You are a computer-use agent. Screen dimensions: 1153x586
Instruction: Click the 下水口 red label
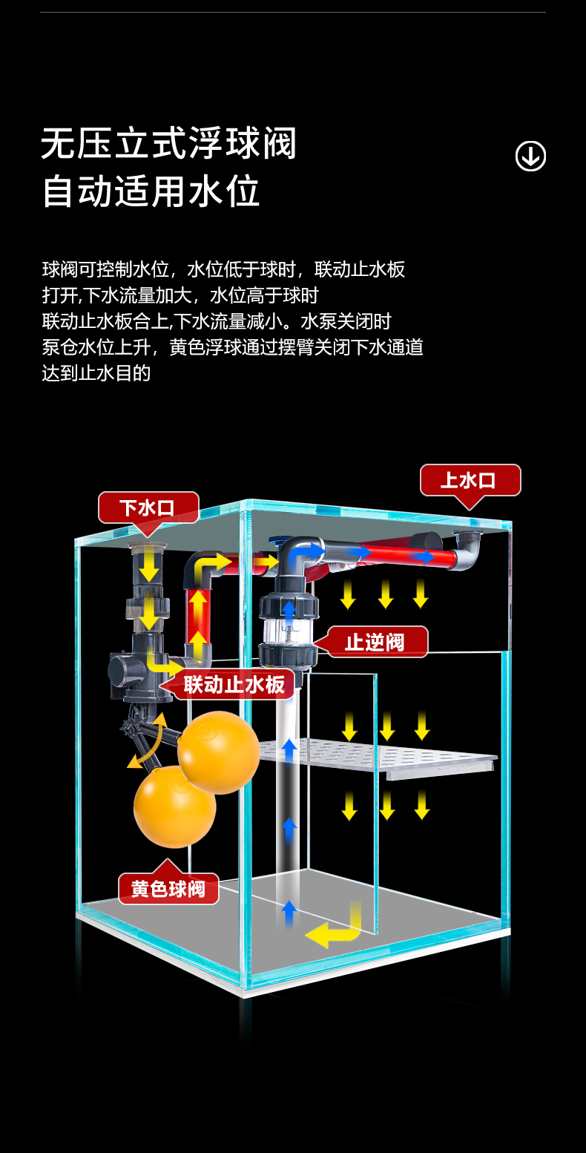click(148, 508)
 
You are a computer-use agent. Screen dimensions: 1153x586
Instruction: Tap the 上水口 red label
click(470, 480)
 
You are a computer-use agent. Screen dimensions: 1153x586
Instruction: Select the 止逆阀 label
click(378, 642)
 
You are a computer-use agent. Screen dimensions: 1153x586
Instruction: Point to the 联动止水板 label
click(234, 684)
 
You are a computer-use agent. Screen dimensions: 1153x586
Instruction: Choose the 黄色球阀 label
click(168, 888)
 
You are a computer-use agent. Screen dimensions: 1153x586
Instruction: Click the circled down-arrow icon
click(530, 156)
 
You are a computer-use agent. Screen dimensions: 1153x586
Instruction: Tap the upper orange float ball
click(218, 752)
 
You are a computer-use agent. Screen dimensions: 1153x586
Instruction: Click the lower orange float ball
click(174, 807)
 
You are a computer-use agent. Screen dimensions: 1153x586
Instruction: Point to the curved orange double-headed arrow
click(149, 742)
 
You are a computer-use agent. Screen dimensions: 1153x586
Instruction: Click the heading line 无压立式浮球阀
click(169, 144)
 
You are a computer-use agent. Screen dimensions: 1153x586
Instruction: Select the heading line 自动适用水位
click(151, 191)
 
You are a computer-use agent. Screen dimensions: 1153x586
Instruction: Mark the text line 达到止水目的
click(96, 373)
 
